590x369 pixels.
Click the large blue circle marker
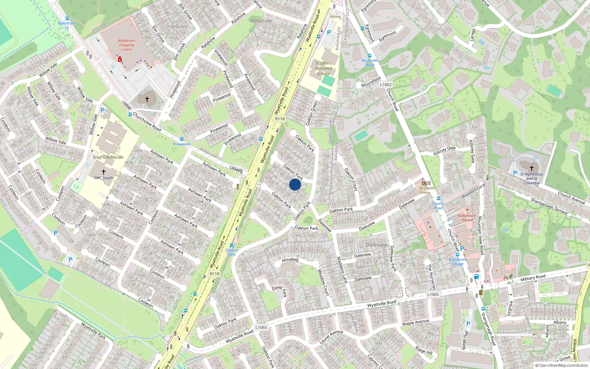[295, 184]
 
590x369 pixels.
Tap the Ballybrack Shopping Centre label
[126, 45]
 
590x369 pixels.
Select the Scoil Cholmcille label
[108, 157]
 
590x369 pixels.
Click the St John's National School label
[323, 68]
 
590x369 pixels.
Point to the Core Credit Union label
[425, 190]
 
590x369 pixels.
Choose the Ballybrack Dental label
[467, 218]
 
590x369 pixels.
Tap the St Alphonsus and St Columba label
[531, 179]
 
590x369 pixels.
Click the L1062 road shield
[385, 85]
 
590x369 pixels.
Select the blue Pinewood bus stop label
[182, 144]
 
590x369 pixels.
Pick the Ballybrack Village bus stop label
[458, 262]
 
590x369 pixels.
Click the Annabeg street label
[290, 260]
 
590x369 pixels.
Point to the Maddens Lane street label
[342, 270]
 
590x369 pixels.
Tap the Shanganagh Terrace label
[549, 205]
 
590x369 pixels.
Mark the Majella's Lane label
[473, 191]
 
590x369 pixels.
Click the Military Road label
[533, 277]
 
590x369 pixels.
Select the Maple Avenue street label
[416, 323]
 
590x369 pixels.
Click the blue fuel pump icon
[476, 276]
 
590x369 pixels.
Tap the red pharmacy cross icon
[120, 59]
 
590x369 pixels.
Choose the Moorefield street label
[371, 82]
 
